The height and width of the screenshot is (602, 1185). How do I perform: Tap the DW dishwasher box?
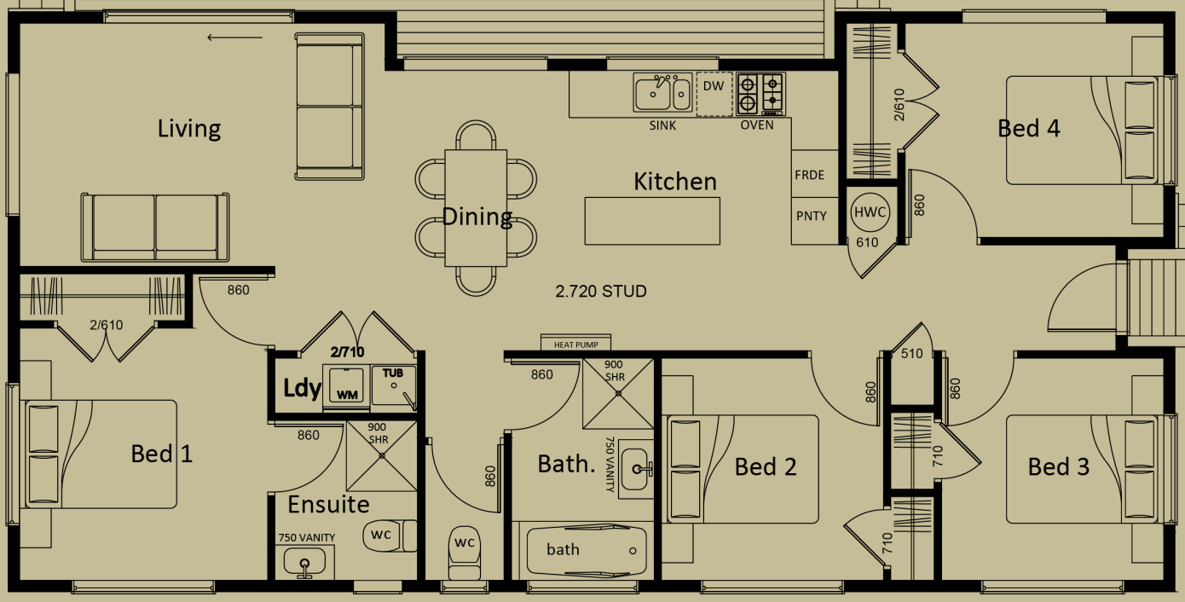(x=714, y=94)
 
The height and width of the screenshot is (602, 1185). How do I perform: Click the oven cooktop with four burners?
(x=760, y=94)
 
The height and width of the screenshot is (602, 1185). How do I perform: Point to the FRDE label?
(x=809, y=175)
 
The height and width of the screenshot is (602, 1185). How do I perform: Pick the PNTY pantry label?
(x=811, y=216)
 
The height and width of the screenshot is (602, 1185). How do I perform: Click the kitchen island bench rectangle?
(x=652, y=220)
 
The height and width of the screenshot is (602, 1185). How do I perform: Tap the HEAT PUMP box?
(x=575, y=344)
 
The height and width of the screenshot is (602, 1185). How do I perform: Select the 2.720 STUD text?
(x=601, y=292)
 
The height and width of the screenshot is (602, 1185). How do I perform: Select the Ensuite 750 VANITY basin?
(x=304, y=562)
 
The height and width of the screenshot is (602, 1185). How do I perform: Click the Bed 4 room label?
(x=1029, y=129)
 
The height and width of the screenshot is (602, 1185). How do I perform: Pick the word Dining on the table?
(x=477, y=217)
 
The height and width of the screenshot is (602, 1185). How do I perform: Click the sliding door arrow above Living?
(x=234, y=37)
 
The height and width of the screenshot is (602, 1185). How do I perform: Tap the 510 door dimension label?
(x=911, y=353)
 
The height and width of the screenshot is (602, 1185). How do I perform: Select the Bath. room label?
(x=566, y=464)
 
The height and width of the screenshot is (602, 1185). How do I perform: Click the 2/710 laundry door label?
(x=347, y=350)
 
